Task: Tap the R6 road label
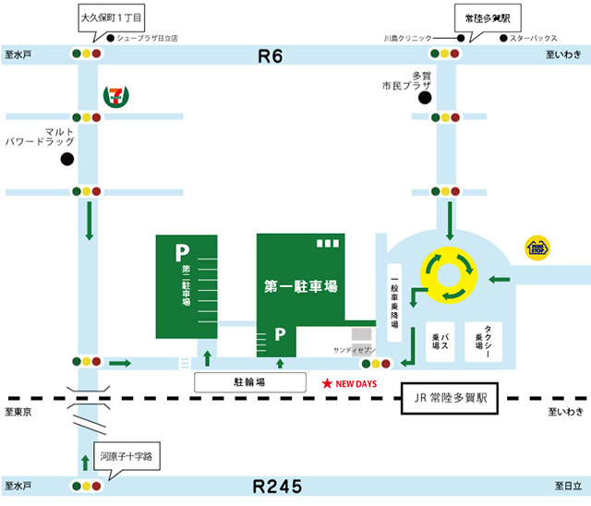tap(270, 57)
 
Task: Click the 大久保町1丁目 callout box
tap(111, 18)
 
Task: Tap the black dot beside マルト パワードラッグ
tap(66, 160)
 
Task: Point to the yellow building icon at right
tap(537, 247)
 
